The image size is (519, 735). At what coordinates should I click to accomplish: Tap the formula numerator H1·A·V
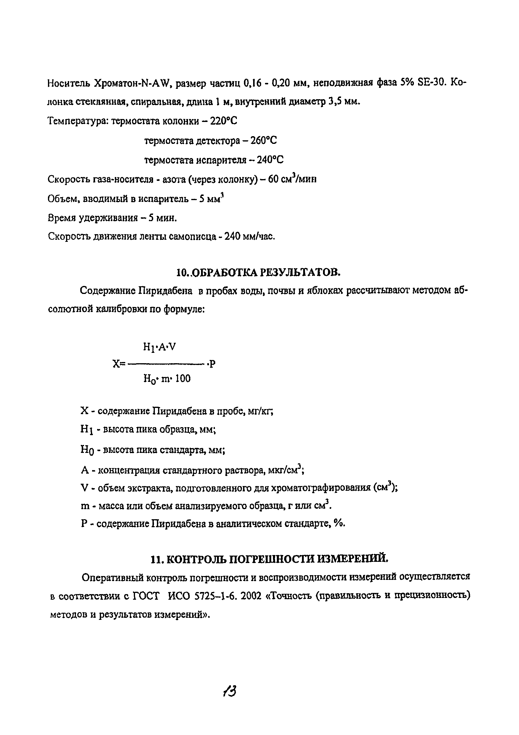point(159,347)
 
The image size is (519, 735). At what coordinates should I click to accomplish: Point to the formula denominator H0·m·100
point(167,379)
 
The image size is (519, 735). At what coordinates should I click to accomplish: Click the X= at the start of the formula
point(119,364)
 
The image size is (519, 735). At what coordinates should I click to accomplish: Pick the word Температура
point(78,121)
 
